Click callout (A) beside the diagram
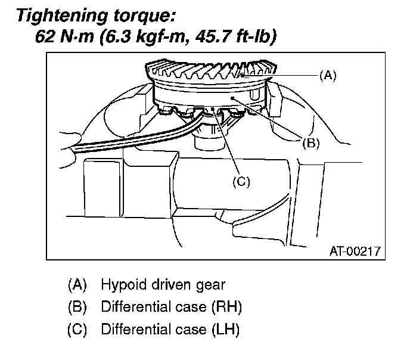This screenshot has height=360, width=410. point(327,75)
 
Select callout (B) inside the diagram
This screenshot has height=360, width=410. point(310,142)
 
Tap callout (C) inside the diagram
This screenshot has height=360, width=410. point(240,182)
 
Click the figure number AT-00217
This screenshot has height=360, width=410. point(355,252)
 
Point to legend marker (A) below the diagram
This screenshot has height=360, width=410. point(77,285)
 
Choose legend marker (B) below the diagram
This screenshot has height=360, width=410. point(77,307)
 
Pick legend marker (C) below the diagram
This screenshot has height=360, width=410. point(77,329)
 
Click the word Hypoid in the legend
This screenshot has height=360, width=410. point(121,285)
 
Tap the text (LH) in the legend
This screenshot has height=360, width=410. point(226,329)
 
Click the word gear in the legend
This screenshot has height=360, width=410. point(212,285)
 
